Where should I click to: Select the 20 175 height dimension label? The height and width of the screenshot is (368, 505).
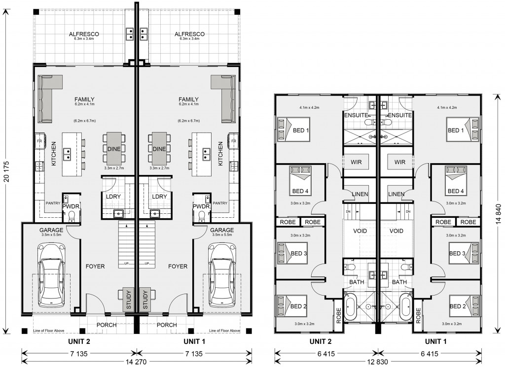pyautogui.click(x=7, y=171)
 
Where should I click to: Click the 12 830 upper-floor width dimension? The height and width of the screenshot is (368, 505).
pyautogui.click(x=378, y=362)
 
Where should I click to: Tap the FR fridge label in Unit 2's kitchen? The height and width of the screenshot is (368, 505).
pyautogui.click(x=39, y=141)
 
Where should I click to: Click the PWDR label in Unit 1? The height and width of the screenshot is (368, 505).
pyautogui.click(x=201, y=206)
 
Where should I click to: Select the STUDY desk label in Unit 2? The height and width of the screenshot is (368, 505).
pyautogui.click(x=129, y=300)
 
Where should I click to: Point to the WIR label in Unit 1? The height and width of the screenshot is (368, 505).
pyautogui.click(x=399, y=162)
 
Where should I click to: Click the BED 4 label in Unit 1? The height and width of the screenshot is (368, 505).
pyautogui.click(x=456, y=191)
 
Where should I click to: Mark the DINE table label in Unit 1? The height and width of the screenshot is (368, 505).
pyautogui.click(x=159, y=149)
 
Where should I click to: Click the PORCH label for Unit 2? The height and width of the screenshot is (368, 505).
pyautogui.click(x=107, y=325)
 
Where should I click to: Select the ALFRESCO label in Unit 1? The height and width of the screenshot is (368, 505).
pyautogui.click(x=189, y=34)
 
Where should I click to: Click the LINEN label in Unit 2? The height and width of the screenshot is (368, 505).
pyautogui.click(x=360, y=194)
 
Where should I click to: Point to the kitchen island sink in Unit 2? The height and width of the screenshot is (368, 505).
pyautogui.click(x=68, y=154)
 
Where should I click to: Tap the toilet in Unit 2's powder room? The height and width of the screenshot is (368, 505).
pyautogui.click(x=72, y=216)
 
